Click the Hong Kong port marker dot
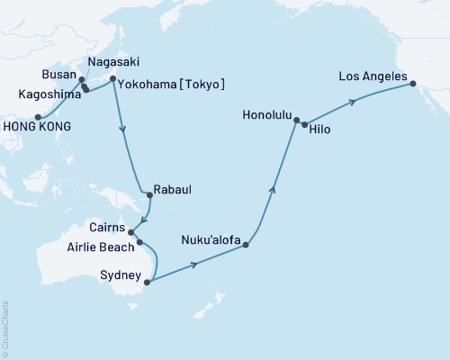(38, 117)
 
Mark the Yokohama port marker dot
(112, 79)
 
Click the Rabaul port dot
(148, 190)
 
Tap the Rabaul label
(175, 190)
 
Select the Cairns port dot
(131, 231)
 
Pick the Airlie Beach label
(100, 245)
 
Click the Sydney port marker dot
(147, 281)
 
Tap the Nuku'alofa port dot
(245, 244)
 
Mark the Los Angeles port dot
(412, 84)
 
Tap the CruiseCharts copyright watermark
(6, 328)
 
